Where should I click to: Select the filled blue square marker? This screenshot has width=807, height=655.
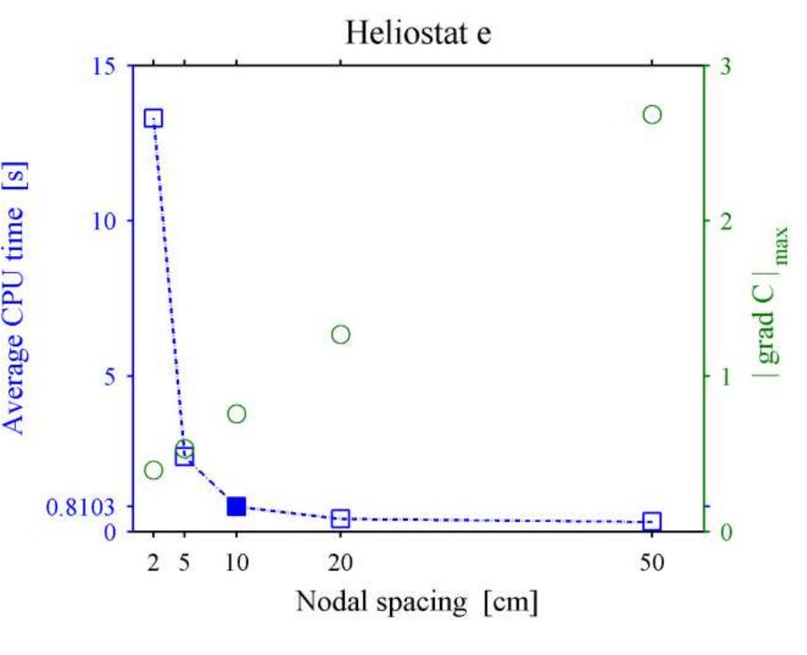[x=237, y=506]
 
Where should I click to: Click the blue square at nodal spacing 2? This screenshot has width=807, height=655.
[x=154, y=119]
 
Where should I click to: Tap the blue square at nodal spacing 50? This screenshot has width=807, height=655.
[x=652, y=521]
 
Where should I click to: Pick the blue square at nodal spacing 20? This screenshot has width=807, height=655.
[x=340, y=518]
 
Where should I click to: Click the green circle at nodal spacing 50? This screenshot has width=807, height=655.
[x=652, y=114]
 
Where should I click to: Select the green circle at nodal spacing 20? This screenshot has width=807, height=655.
[x=340, y=335]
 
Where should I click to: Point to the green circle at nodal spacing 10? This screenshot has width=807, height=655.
[x=237, y=413]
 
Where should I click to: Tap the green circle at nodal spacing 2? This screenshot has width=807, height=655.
[x=154, y=470]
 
